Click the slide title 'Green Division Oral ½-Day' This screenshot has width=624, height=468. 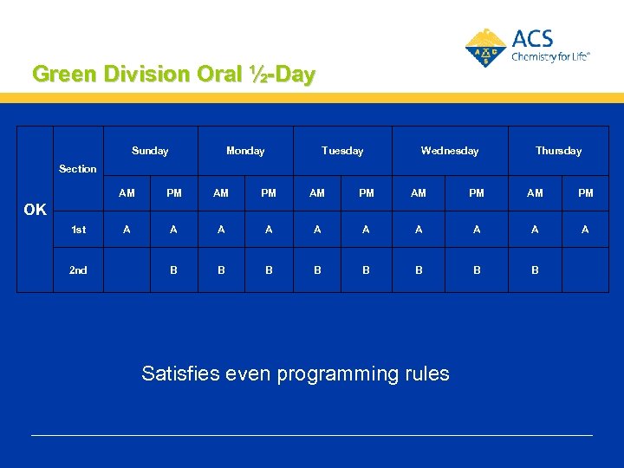click(x=173, y=74)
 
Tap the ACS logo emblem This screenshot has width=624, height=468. click(x=485, y=49)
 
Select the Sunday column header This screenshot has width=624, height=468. click(x=150, y=151)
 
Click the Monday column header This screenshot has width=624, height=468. click(x=245, y=151)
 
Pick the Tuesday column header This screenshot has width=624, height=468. click(x=342, y=151)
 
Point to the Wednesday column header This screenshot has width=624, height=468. click(x=449, y=151)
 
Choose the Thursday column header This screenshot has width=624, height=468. click(x=558, y=151)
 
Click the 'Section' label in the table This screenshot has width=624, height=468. click(x=78, y=169)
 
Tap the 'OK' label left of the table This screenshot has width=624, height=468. click(x=35, y=210)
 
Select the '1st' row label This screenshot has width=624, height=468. click(x=78, y=230)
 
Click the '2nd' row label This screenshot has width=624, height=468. click(x=78, y=270)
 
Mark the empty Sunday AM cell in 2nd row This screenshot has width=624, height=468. click(x=127, y=270)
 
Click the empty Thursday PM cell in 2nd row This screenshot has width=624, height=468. click(x=585, y=270)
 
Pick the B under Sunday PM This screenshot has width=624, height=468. click(x=174, y=270)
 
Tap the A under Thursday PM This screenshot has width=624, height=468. click(x=585, y=230)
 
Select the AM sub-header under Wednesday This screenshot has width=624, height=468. click(x=419, y=193)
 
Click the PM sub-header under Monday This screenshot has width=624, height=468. click(x=269, y=193)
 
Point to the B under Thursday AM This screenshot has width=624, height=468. click(x=535, y=270)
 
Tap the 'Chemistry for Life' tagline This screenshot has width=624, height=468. click(x=550, y=56)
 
